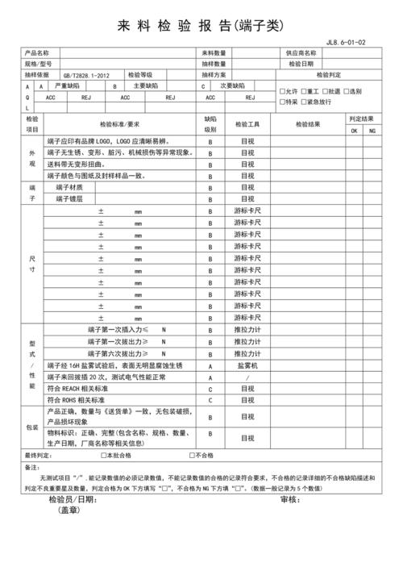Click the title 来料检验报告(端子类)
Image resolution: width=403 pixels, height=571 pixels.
tap(201, 25)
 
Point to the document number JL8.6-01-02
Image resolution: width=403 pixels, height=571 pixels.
tap(346, 42)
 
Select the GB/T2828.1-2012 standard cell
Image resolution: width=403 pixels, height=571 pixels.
tap(85, 74)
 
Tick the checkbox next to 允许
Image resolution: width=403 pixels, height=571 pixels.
tap(281, 91)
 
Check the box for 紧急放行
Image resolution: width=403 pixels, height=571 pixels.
tap(304, 102)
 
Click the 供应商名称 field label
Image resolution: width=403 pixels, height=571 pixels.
tap(302, 52)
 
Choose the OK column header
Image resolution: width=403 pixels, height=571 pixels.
tap(354, 130)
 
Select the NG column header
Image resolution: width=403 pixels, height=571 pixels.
tap(372, 130)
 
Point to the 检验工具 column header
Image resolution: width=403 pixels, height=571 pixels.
tap(247, 124)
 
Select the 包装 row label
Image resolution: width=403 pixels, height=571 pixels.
tap(32, 427)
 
